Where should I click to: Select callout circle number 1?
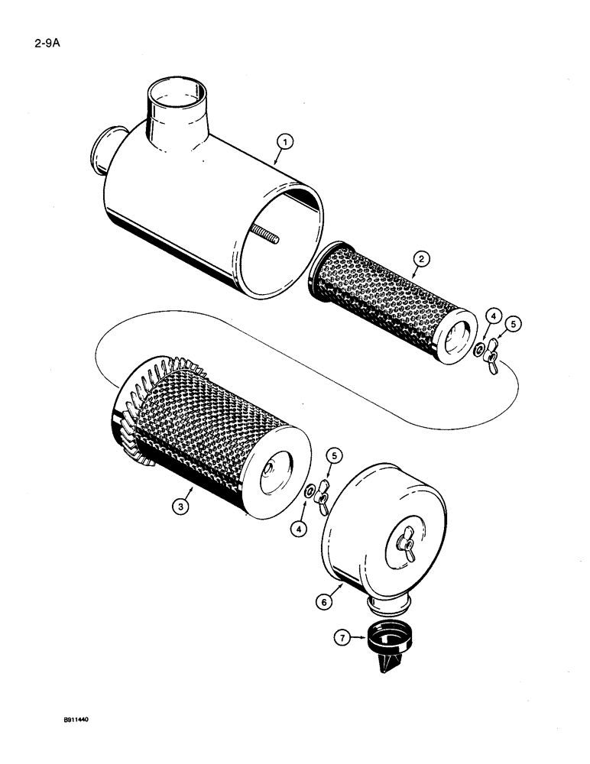coord(284,141)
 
